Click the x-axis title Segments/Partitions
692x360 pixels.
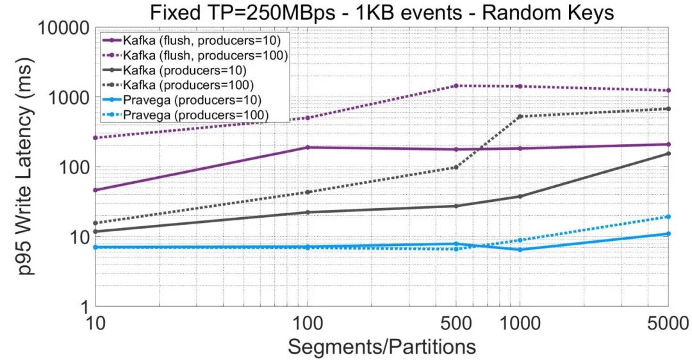381,347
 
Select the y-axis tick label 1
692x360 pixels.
81,306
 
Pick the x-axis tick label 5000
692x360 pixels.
668,323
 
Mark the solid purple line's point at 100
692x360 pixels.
308,147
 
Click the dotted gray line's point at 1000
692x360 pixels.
520,116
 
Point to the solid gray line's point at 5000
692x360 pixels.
668,153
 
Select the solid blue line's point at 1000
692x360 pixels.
520,249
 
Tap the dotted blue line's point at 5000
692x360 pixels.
668,217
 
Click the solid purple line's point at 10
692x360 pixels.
95,190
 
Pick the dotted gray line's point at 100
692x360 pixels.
308,192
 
